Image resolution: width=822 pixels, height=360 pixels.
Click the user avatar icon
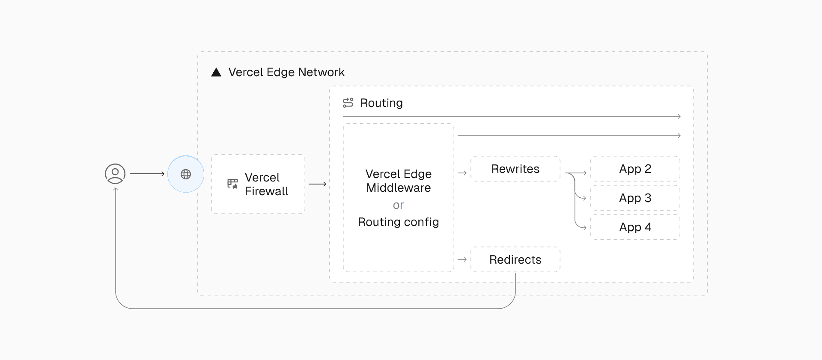point(115,174)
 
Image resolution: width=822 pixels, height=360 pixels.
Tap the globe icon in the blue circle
point(186,174)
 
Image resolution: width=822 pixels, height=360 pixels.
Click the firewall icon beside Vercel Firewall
point(232,184)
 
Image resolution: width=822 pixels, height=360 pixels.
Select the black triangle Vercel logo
point(216,72)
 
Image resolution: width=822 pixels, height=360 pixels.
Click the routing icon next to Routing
point(348,103)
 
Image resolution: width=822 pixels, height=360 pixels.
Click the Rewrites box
point(515,169)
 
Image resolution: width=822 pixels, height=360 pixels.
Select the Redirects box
point(515,259)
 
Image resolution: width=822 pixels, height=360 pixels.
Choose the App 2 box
point(635,169)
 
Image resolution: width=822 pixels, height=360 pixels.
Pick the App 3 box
point(635,198)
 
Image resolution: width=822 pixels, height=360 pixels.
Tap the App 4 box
point(635,227)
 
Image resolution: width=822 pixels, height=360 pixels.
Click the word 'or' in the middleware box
point(398,205)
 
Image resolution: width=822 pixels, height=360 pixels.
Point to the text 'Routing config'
point(398,222)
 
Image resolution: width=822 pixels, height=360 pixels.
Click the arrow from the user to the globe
point(147,174)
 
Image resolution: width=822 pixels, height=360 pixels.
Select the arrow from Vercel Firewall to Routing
point(317,184)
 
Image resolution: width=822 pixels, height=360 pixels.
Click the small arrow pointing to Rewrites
point(462,173)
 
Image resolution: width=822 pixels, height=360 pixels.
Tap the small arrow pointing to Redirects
point(462,259)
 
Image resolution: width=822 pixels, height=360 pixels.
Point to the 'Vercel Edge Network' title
point(286,72)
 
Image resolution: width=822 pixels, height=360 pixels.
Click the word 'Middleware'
point(398,188)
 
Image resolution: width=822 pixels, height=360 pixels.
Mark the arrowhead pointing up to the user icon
point(116,189)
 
